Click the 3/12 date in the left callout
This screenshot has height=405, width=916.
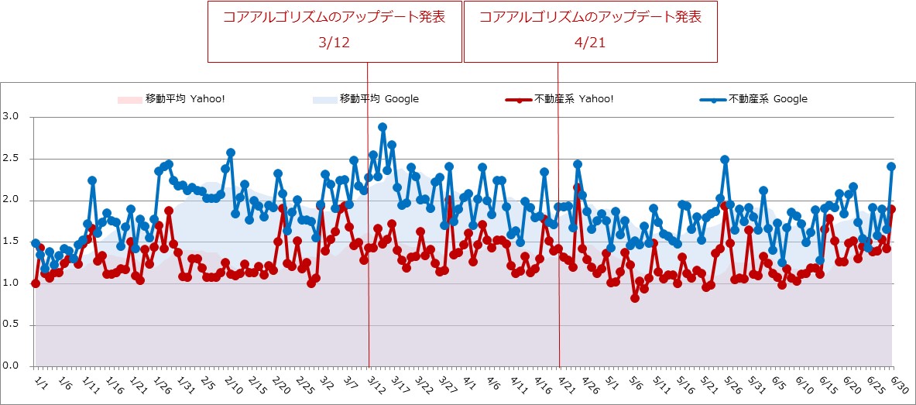click(334, 43)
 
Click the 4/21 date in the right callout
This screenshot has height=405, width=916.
click(590, 43)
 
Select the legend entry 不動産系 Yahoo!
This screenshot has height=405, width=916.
click(574, 99)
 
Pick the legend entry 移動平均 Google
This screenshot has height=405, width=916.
click(379, 99)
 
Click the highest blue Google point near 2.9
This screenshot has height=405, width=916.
click(383, 127)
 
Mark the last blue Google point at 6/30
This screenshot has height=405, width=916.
click(891, 166)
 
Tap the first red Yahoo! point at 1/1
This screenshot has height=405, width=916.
click(35, 283)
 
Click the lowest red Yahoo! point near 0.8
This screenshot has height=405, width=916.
click(635, 297)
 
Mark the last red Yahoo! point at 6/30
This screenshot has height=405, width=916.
click(891, 209)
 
